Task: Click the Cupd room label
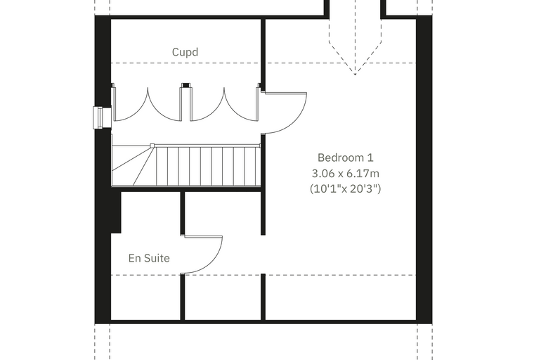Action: coord(185,52)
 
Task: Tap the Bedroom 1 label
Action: coord(345,157)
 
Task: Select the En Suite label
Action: coord(149,258)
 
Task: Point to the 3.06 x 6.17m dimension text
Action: coord(345,174)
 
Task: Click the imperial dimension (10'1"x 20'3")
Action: coord(345,188)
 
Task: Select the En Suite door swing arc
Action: coord(214,262)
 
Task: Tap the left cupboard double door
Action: coord(148,104)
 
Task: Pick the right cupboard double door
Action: coord(223,104)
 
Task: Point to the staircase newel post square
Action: coord(152,146)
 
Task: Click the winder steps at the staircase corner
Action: coord(133,165)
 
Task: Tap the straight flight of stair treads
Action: coord(208,166)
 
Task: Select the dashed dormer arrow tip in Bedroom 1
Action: coord(355,75)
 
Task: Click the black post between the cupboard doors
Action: coord(185,85)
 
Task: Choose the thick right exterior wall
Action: coord(424,169)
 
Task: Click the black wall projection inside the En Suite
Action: coord(116,212)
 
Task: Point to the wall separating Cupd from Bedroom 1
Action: coord(263,55)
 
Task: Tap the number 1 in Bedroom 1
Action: coord(370,157)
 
